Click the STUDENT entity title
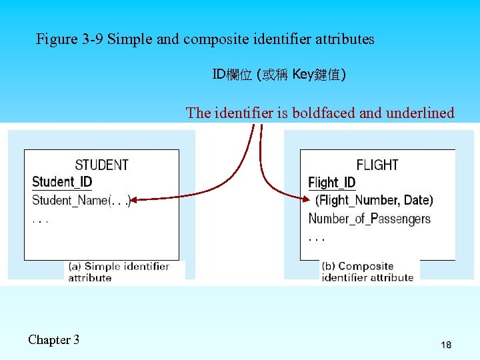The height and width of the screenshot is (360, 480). pyautogui.click(x=101, y=165)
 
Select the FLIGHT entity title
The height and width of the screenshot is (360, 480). pyautogui.click(x=377, y=165)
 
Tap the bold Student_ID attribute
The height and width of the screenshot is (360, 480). pyautogui.click(x=62, y=182)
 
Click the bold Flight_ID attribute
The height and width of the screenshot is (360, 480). pyautogui.click(x=332, y=183)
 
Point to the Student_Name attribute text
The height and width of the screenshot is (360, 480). pyautogui.click(x=70, y=200)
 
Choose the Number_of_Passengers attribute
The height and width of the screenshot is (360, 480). pyautogui.click(x=369, y=218)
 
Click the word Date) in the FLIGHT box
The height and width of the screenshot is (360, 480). pyautogui.click(x=418, y=200)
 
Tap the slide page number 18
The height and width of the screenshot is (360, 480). pyautogui.click(x=446, y=345)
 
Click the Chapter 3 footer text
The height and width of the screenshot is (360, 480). pyautogui.click(x=53, y=340)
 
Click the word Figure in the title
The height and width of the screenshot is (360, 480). pyautogui.click(x=57, y=39)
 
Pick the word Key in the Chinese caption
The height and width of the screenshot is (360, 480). pyautogui.click(x=303, y=75)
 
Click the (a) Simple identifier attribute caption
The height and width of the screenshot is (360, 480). pyautogui.click(x=119, y=272)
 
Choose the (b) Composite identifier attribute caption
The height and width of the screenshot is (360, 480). pyautogui.click(x=367, y=272)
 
